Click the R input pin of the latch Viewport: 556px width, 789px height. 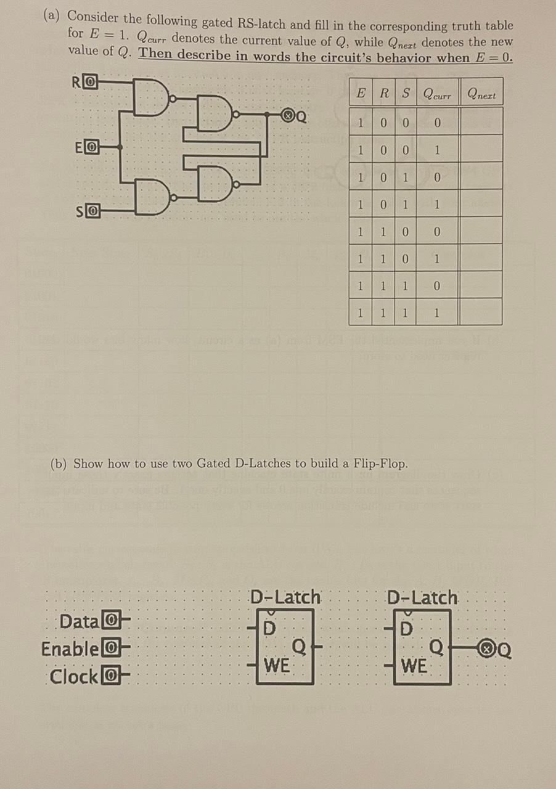pyautogui.click(x=90, y=81)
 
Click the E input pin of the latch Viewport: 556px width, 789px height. pyautogui.click(x=90, y=147)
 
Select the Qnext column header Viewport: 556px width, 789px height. pyautogui.click(x=481, y=94)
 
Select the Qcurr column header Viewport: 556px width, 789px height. pyautogui.click(x=437, y=94)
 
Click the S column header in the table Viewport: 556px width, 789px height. pyautogui.click(x=405, y=94)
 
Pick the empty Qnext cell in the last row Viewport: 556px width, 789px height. pyautogui.click(x=481, y=313)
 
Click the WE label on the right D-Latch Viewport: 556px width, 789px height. pyautogui.click(x=414, y=666)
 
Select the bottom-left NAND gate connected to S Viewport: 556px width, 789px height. pyautogui.click(x=152, y=197)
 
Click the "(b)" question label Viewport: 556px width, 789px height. pyautogui.click(x=58, y=464)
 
